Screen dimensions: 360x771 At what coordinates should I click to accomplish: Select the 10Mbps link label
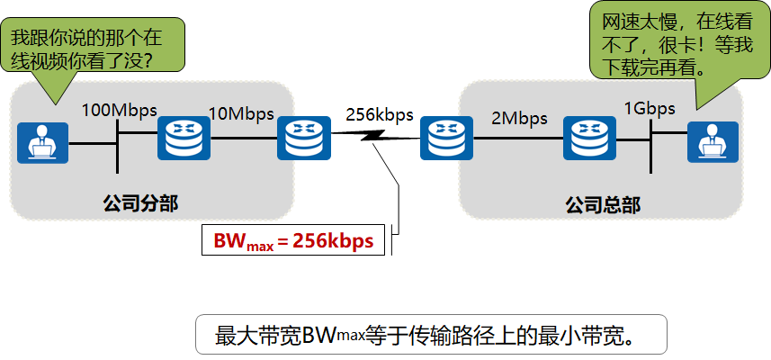point(241,114)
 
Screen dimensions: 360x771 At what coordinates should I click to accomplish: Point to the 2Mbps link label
point(519,118)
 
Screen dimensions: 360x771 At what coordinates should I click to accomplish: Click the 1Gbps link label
point(649,109)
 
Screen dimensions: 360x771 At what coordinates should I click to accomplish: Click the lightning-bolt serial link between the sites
point(376,137)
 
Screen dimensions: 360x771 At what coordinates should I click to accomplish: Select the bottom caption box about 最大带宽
point(431,335)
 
